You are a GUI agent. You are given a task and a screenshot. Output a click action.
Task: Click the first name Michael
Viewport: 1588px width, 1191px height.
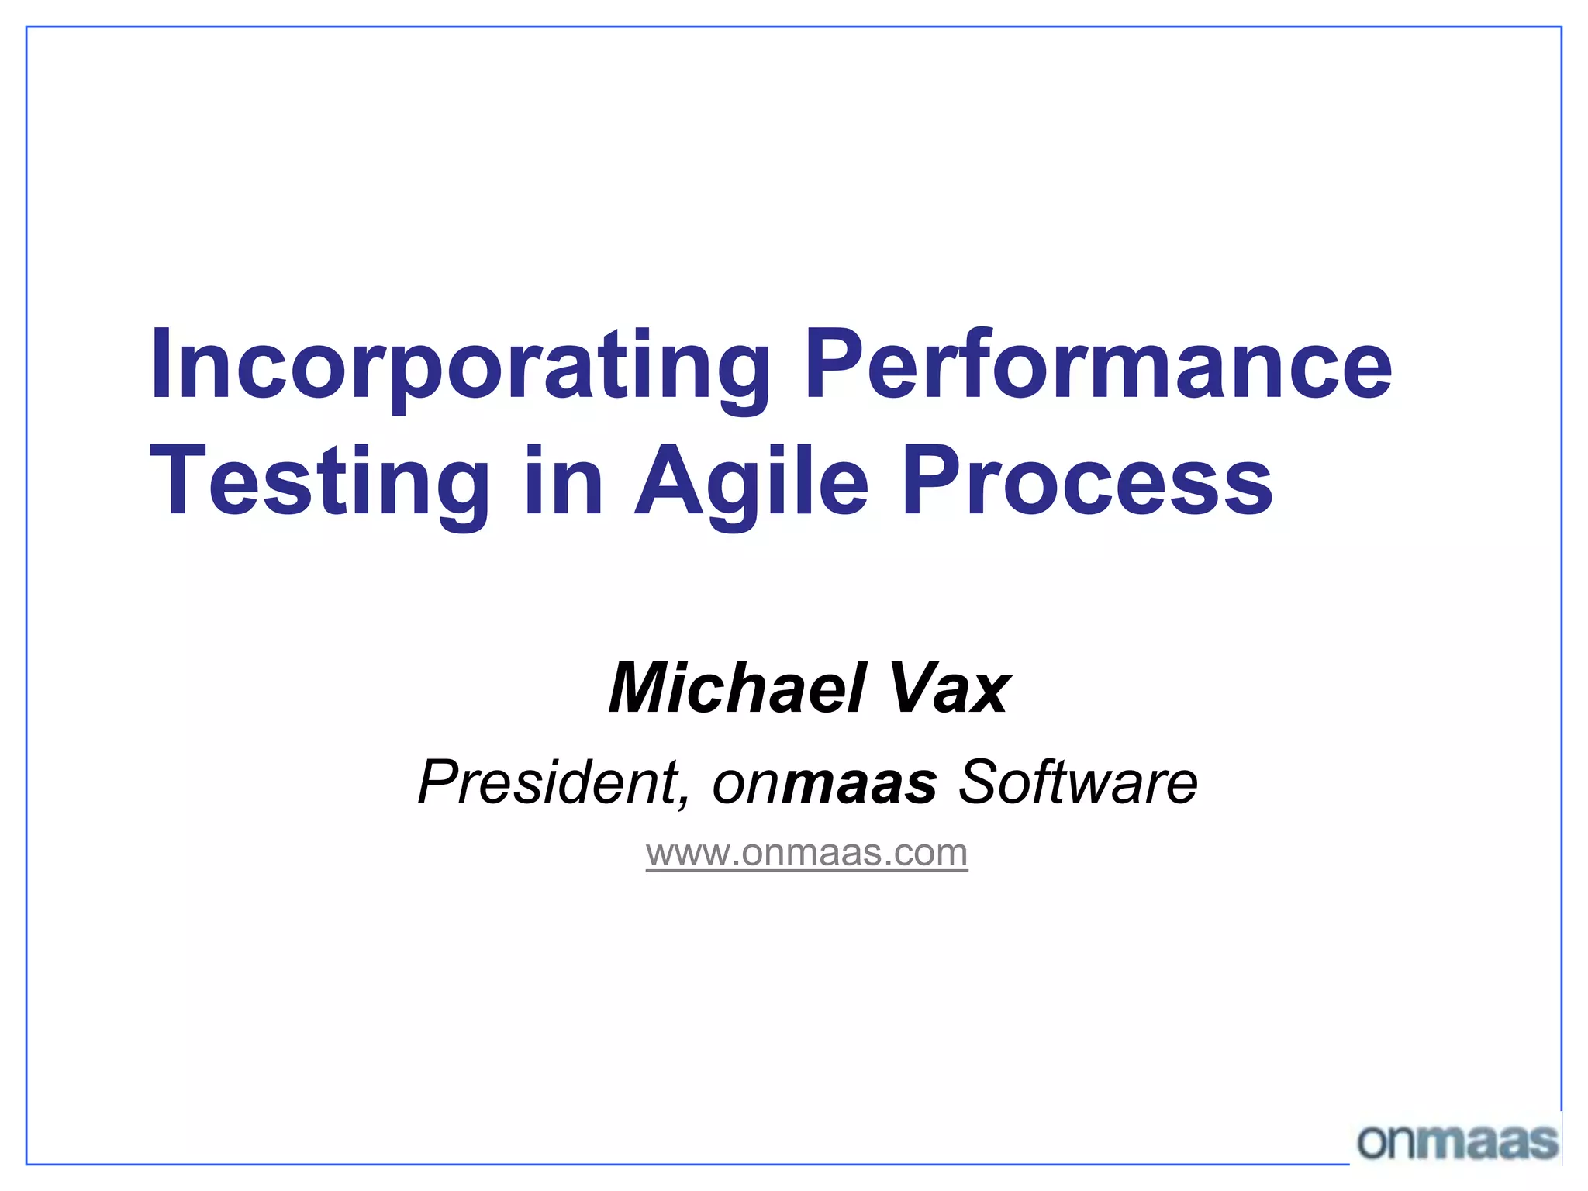[x=737, y=689]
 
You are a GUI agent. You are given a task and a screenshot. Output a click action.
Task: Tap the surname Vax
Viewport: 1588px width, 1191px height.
[x=949, y=689]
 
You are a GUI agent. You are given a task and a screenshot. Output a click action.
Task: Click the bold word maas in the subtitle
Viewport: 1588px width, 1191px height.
[x=861, y=783]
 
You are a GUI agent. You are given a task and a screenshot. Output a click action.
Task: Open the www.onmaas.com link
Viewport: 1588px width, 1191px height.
[x=806, y=853]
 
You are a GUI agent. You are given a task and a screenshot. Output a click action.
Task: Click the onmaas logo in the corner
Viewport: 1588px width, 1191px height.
[x=1458, y=1141]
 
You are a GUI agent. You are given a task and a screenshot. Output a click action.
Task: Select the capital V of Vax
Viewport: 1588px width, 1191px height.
[x=909, y=689]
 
